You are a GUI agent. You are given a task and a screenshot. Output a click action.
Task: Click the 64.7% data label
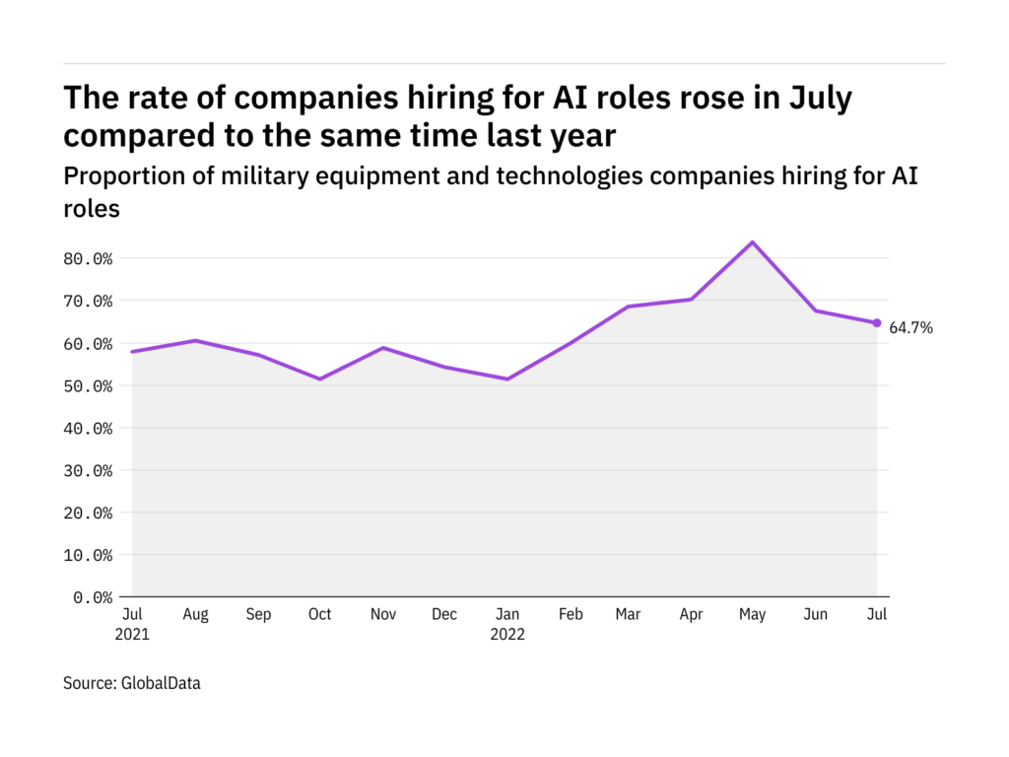(x=910, y=328)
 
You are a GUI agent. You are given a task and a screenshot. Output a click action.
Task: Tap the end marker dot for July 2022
(x=877, y=323)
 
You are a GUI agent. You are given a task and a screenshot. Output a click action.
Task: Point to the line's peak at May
(x=753, y=242)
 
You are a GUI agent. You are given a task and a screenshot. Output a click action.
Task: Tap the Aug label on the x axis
(x=195, y=615)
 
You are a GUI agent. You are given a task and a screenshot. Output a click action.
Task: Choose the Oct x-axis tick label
(x=319, y=615)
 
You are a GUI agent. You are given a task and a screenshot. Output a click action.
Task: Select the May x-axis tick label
(x=753, y=615)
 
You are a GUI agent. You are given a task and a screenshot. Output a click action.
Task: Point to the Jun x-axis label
(x=815, y=615)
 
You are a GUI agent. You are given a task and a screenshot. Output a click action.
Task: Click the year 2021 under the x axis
(x=132, y=635)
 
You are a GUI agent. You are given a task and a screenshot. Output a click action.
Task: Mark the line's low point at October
(x=319, y=378)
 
